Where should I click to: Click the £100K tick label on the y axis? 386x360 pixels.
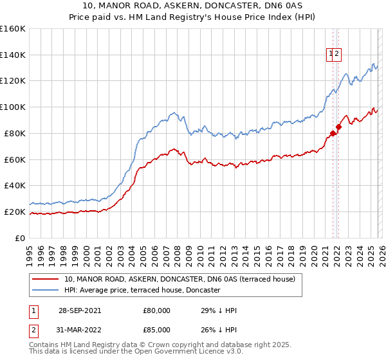coord(12,107)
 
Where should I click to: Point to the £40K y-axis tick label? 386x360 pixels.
coord(14,185)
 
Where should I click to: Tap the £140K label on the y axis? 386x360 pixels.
coord(12,55)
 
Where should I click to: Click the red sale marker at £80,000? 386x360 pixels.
coord(333,133)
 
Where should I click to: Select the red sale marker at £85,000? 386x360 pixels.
coord(339,127)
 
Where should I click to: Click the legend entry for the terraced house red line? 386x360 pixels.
coord(179,279)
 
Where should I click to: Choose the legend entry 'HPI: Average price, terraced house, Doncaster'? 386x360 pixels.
coord(142,291)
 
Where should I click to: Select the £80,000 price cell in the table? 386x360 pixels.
coord(156,310)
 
